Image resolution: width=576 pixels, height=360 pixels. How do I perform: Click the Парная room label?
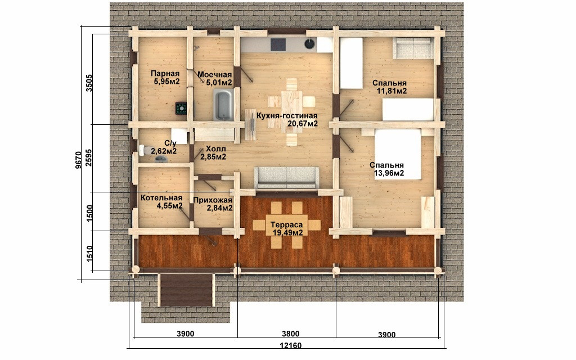pyautogui.click(x=165, y=74)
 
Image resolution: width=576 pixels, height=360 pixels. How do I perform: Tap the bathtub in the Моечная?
pyautogui.click(x=223, y=105)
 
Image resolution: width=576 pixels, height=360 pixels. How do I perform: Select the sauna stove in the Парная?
pyautogui.click(x=181, y=109)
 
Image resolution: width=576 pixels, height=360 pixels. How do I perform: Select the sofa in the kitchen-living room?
pyautogui.click(x=286, y=177)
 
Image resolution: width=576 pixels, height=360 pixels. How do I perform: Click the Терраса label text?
pyautogui.click(x=286, y=225)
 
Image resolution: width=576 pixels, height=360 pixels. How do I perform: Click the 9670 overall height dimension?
pyautogui.click(x=78, y=161)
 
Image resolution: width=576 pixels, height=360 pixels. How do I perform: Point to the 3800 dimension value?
pyautogui.click(x=291, y=334)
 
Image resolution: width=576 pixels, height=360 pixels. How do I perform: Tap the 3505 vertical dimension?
pyautogui.click(x=88, y=83)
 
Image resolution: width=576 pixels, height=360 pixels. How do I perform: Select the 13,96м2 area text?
pyautogui.click(x=389, y=173)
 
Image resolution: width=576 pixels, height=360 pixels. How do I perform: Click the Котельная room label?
pyautogui.click(x=161, y=198)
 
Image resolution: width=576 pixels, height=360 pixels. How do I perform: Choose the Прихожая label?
pyautogui.click(x=212, y=200)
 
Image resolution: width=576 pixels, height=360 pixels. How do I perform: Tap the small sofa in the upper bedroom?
pyautogui.click(x=412, y=48)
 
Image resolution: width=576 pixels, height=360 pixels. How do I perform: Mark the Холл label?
pyautogui.click(x=215, y=149)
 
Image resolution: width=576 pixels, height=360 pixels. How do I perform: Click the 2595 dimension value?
pyautogui.click(x=88, y=158)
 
